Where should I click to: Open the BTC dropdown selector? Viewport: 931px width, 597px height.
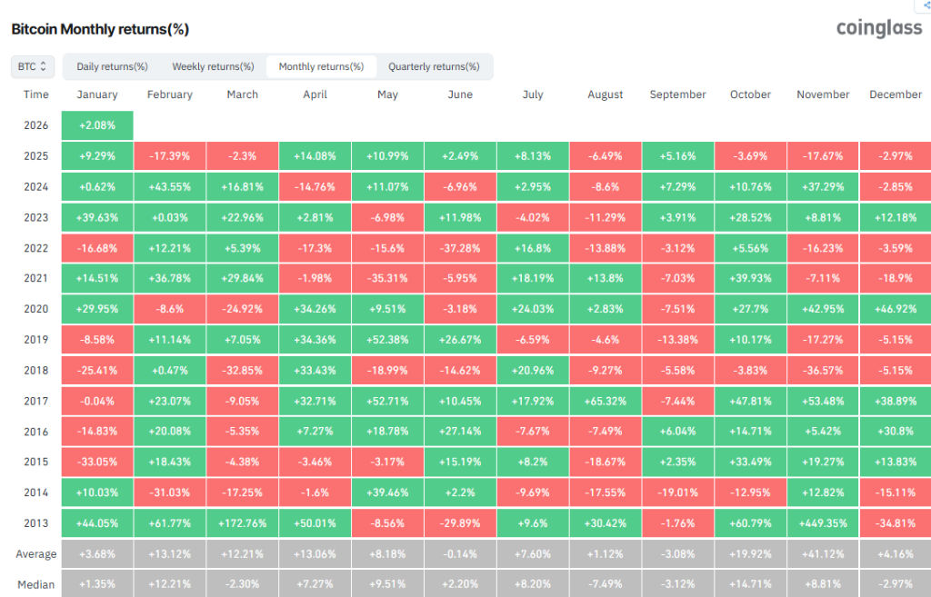coord(33,66)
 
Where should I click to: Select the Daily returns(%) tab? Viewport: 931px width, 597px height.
coord(112,66)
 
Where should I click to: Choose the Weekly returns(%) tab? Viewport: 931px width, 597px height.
coord(213,66)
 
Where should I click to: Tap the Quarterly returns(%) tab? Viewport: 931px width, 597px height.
coord(434,66)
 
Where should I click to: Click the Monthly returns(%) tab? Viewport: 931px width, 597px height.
coord(321,66)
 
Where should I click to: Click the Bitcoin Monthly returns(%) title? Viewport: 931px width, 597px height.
coord(100,29)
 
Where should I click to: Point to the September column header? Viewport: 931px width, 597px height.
coord(677,95)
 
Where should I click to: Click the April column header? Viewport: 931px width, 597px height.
coord(315,95)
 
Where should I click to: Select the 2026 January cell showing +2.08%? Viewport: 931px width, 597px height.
coord(97,124)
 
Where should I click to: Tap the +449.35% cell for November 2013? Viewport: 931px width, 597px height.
coord(823,522)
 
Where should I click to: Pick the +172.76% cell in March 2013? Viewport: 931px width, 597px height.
coord(242,522)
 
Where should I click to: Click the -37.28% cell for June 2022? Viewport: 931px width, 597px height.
coord(460,247)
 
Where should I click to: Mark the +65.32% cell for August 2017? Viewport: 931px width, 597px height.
coord(606,400)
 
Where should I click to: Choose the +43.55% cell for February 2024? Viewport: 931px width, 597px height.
coord(170,186)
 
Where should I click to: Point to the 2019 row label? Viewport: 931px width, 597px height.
coord(36,339)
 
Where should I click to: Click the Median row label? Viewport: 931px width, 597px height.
coord(36,583)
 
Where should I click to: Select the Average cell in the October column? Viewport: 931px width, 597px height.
coord(750,553)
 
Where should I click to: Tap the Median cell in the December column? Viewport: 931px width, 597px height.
coord(895,583)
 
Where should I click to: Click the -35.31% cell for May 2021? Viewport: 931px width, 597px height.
coord(387,278)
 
